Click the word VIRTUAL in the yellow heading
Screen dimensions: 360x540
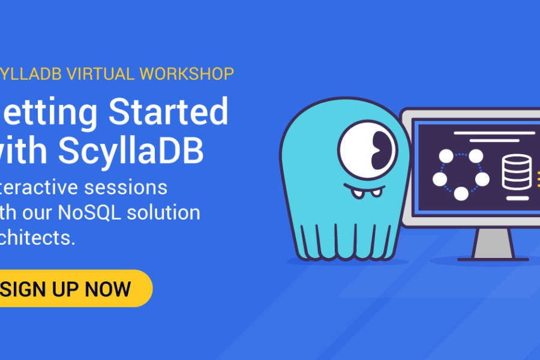tap(100, 74)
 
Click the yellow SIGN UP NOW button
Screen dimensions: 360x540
tap(72, 289)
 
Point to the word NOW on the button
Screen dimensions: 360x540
tap(108, 289)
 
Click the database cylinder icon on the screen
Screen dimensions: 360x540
tap(517, 171)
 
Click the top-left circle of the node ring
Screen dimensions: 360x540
tap(446, 157)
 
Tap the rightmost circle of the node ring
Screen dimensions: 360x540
tap(482, 179)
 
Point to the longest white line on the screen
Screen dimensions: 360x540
tap(494, 133)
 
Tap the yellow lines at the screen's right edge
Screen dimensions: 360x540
tap(536, 172)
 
